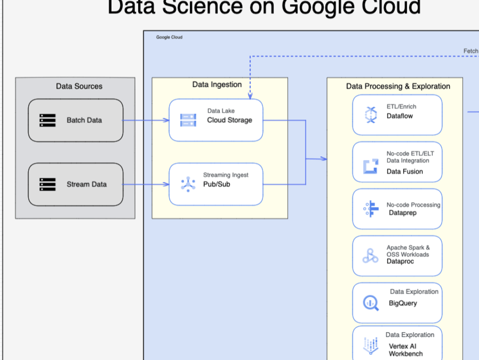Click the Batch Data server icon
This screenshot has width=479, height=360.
click(47, 120)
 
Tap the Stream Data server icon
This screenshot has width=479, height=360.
click(47, 184)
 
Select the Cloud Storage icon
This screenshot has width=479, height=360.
click(188, 120)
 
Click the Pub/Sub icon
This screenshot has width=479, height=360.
click(188, 184)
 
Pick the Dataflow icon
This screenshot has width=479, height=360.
click(371, 116)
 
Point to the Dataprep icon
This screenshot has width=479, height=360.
click(370, 209)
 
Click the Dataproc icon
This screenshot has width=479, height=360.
click(370, 256)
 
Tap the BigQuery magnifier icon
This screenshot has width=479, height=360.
click(370, 303)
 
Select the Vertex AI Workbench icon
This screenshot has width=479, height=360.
click(370, 345)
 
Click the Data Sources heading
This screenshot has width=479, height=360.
click(79, 86)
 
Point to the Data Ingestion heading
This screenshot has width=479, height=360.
click(217, 84)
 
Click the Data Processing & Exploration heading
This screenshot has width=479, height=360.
click(398, 86)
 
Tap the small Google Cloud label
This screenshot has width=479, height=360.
click(169, 37)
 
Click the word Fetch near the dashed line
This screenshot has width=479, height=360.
click(470, 51)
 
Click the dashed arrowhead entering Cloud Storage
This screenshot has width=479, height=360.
click(250, 96)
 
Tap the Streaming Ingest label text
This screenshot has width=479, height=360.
click(226, 175)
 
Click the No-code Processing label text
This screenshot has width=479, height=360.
click(413, 205)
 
